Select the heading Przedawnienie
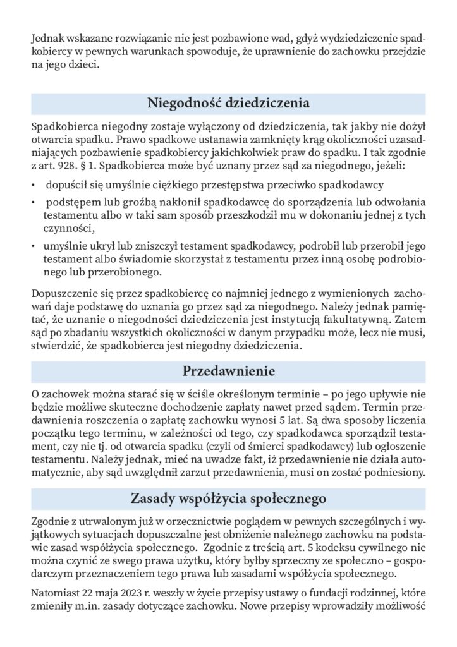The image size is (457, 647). click(x=228, y=369)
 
